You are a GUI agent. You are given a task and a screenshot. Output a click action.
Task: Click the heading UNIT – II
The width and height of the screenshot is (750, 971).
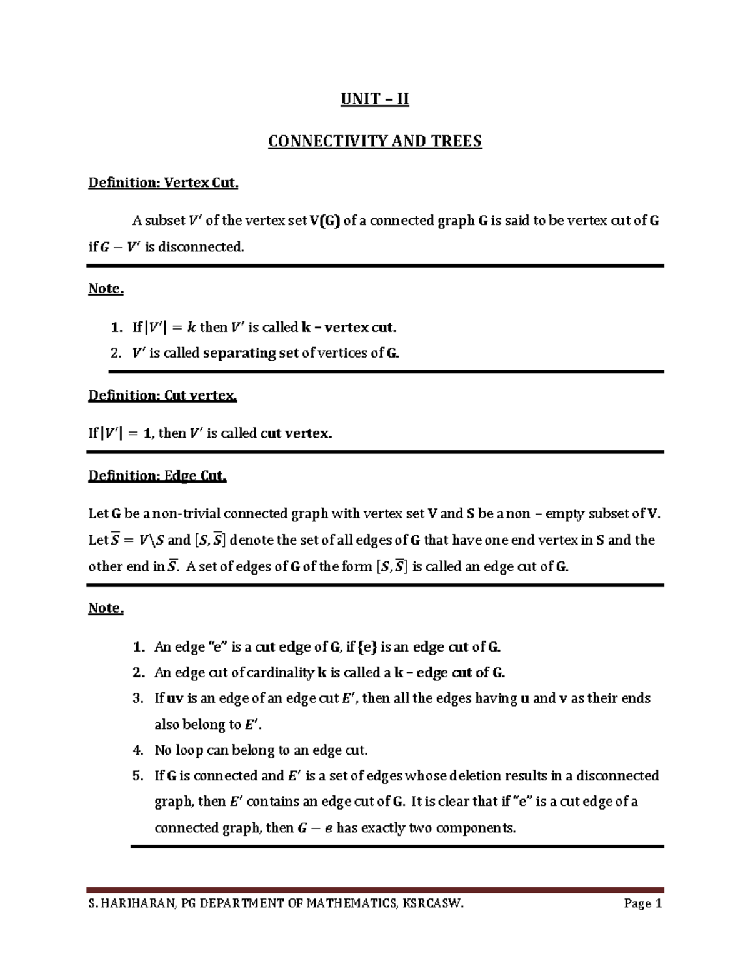point(374,99)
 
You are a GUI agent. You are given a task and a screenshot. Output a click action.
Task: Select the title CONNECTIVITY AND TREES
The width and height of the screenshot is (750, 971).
point(375,141)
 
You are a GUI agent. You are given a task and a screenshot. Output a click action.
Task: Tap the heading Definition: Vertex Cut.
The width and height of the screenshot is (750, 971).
point(163,183)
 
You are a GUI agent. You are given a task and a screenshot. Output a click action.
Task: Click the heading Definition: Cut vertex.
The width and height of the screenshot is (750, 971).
point(162,396)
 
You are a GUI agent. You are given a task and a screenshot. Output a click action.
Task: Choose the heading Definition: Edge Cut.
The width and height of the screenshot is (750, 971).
point(157,476)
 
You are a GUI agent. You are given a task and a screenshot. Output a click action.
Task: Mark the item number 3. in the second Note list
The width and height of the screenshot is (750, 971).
point(139,698)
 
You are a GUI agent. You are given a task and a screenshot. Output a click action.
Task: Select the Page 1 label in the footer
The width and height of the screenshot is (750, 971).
point(642,903)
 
